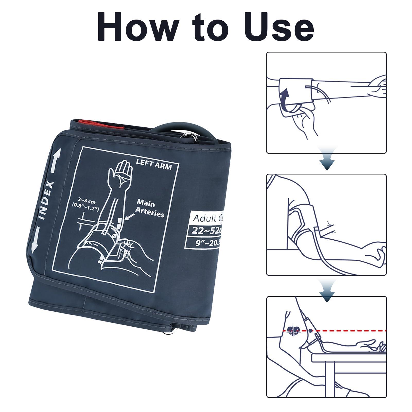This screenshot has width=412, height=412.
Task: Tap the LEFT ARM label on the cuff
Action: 154,165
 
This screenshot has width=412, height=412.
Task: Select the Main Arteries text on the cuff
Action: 150,208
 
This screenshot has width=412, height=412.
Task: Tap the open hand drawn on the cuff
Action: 122,172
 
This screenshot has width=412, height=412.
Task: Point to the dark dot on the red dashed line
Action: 311,330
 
